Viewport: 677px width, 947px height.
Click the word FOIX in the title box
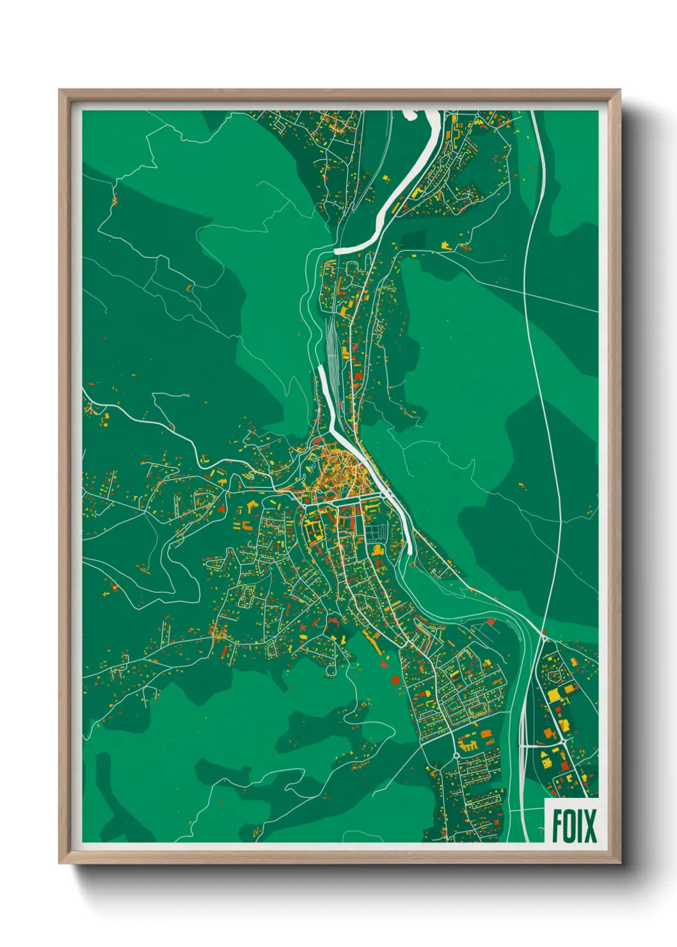574,826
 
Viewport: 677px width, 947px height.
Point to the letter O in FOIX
569,826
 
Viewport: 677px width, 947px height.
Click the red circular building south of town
395,680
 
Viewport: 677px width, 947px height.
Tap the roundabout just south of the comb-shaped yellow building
456,756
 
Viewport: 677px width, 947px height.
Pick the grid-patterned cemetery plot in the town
377,530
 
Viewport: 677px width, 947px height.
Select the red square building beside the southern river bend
491,621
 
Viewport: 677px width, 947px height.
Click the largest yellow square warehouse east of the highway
554,695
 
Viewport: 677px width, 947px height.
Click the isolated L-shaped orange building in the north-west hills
189,287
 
